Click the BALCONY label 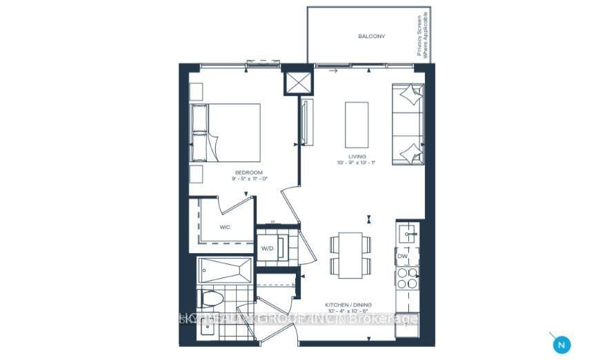[371, 36]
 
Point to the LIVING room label [355, 157]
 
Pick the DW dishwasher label [403, 257]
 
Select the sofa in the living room [407, 124]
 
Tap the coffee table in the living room [356, 123]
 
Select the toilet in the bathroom [210, 299]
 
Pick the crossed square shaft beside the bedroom [298, 83]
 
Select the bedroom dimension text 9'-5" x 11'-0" [250, 179]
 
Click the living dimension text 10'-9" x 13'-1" [357, 163]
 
